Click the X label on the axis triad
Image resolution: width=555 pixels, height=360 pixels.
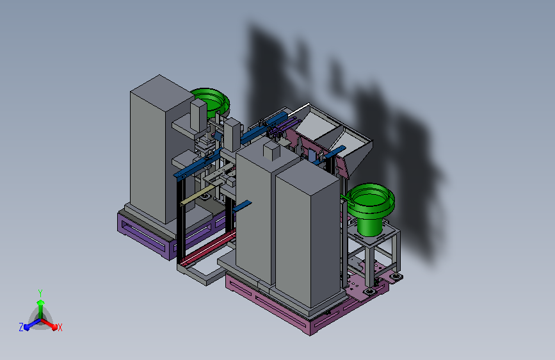click(60, 327)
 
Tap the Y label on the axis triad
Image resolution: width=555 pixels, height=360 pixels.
click(40, 293)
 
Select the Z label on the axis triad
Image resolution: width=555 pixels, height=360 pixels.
click(21, 327)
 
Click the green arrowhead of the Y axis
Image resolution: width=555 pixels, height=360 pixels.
click(40, 302)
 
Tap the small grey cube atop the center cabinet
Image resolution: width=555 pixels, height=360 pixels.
click(271, 151)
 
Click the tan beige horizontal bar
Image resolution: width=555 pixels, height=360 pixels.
click(195, 197)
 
